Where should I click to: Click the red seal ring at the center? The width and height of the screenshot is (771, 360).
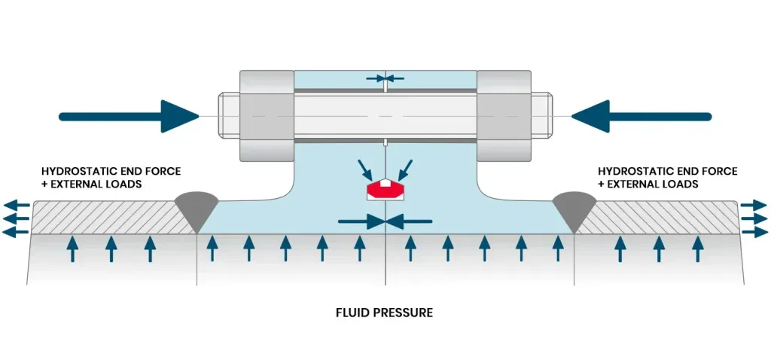385,190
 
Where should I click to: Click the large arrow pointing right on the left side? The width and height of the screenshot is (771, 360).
128,116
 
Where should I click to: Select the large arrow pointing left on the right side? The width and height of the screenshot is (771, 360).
640,116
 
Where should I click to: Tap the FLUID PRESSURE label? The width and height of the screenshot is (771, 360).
384,312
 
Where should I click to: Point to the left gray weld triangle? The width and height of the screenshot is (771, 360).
197,206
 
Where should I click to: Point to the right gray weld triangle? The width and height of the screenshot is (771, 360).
574,206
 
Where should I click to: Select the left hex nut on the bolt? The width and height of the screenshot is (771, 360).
267,115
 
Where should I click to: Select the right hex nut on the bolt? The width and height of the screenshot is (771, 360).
504,115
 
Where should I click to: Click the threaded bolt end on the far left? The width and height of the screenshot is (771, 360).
228,115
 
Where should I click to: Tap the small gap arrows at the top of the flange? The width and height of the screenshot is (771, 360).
385,78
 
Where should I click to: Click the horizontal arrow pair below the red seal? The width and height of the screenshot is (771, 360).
385,221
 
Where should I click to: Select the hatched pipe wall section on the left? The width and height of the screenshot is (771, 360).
105,218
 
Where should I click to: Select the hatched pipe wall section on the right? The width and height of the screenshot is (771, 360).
663,218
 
